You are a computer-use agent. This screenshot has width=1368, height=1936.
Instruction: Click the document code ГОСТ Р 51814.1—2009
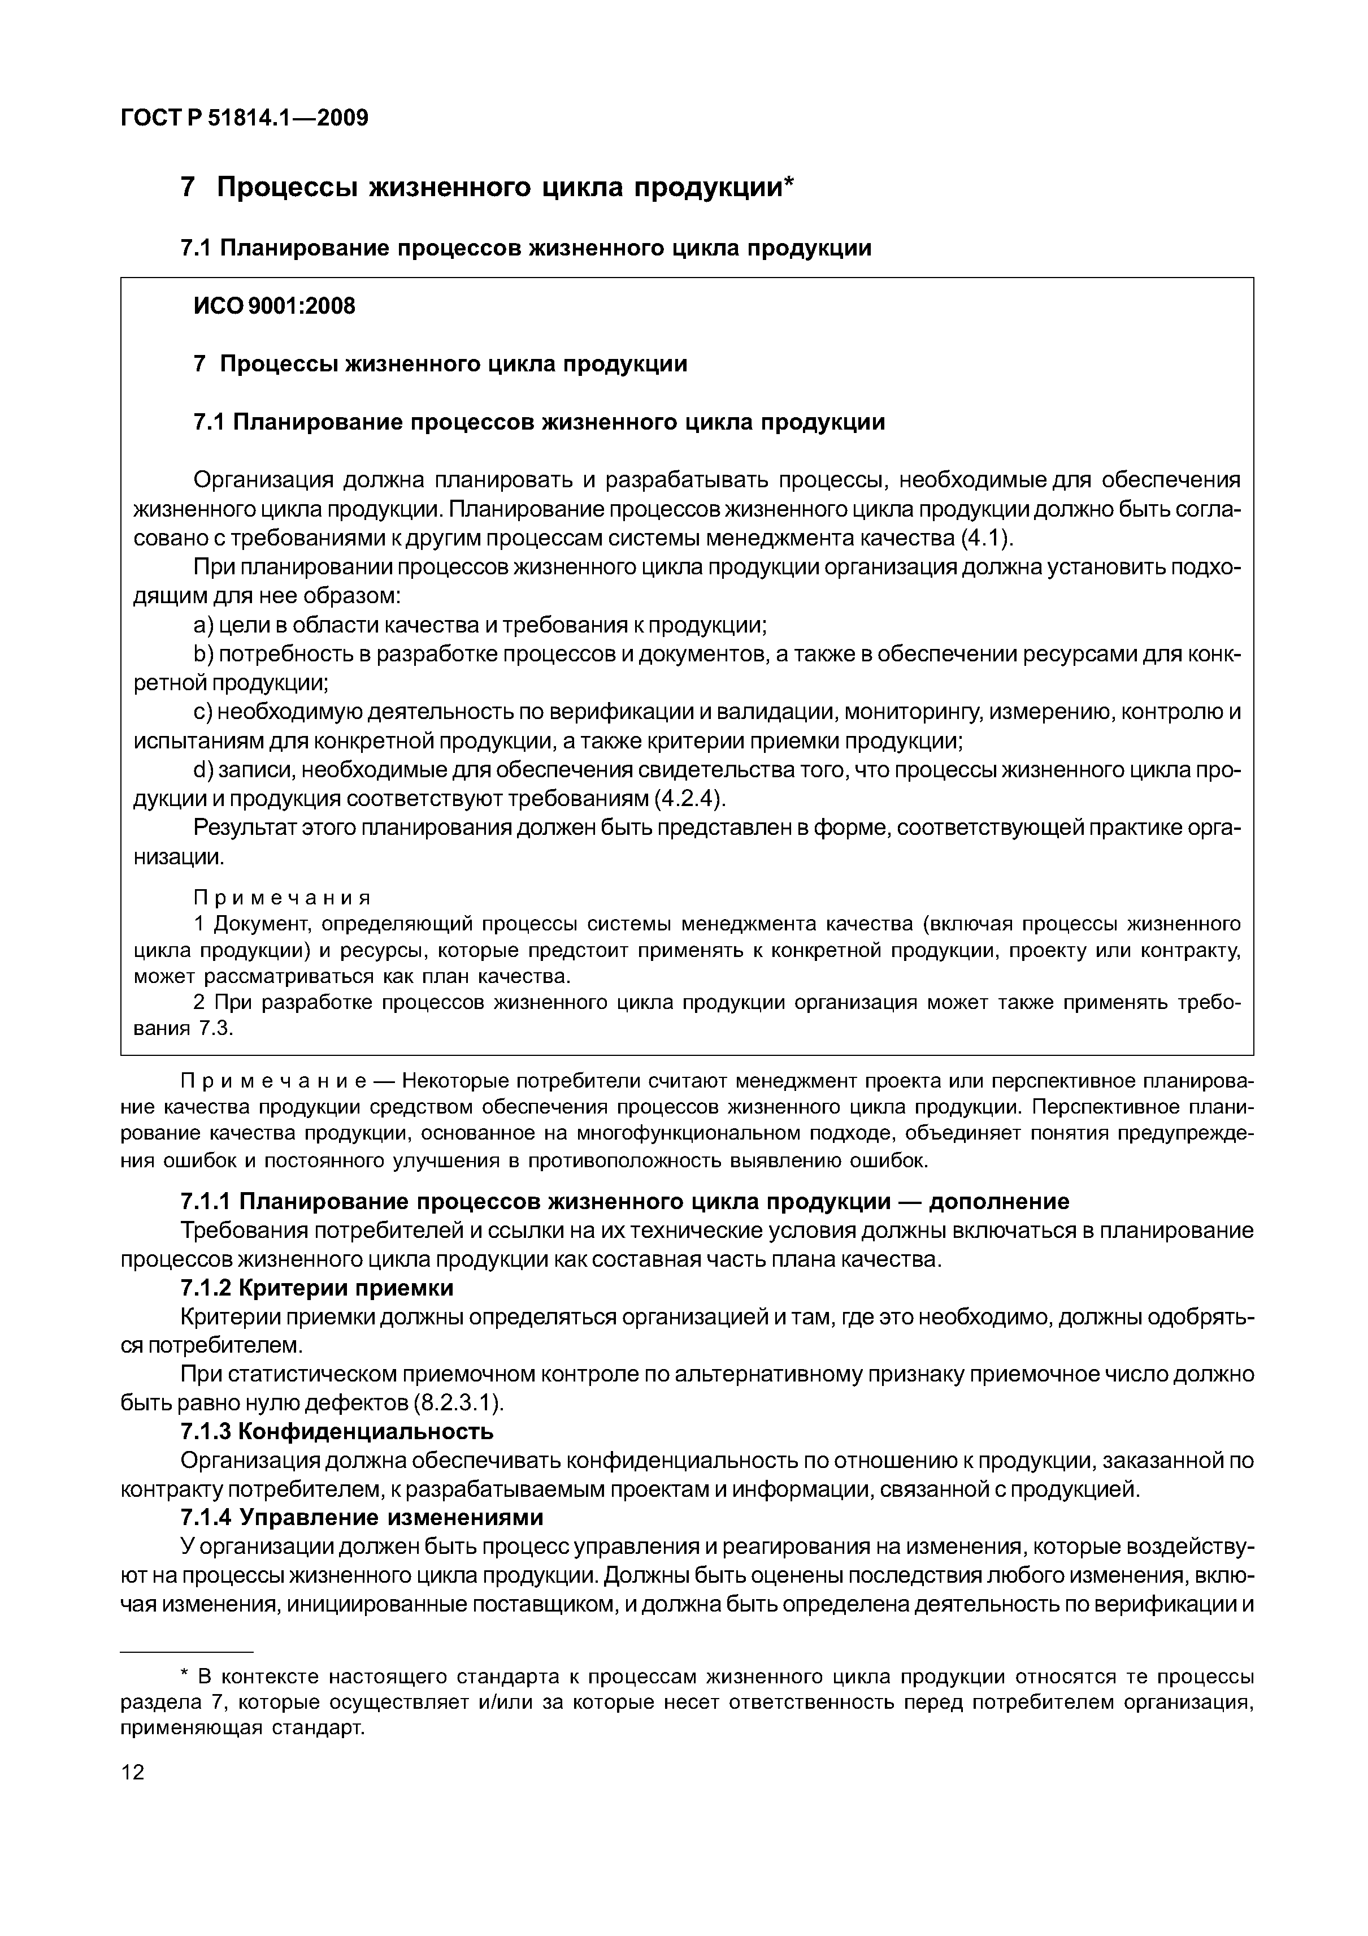[245, 118]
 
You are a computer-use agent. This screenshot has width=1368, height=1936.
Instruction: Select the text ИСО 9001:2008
[275, 306]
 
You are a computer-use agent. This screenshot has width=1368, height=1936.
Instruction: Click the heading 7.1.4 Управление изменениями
[362, 1517]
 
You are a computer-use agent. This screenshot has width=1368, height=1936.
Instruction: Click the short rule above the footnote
[186, 1651]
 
